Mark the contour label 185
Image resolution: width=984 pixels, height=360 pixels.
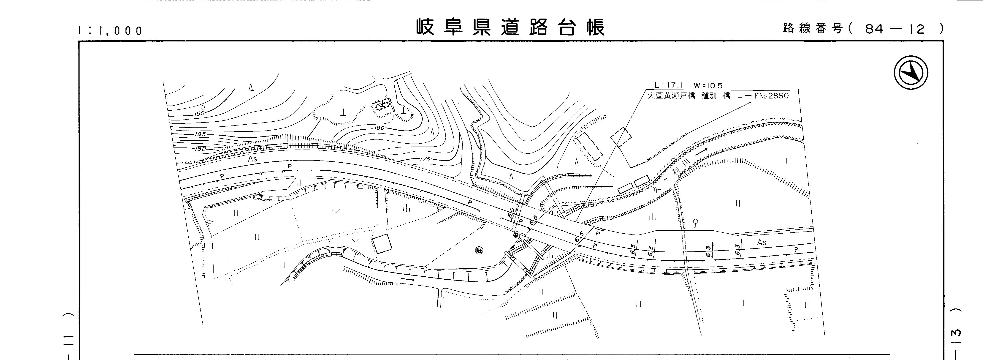[x=200, y=134]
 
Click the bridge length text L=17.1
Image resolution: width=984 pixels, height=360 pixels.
[x=669, y=86]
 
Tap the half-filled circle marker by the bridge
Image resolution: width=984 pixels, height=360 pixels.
[x=515, y=236]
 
